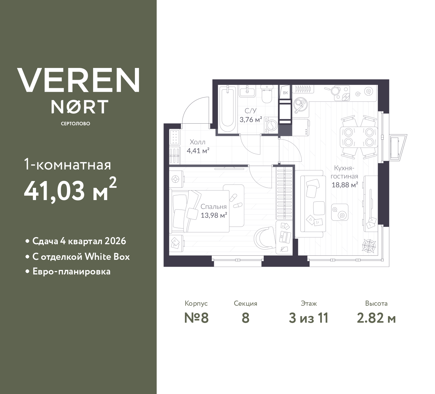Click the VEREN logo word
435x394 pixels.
click(78, 80)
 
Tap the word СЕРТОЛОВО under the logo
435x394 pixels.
click(75, 124)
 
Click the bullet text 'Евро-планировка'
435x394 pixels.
click(71, 271)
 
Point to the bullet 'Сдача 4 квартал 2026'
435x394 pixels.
click(79, 241)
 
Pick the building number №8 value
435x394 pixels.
click(196, 318)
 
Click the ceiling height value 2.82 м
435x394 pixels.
click(376, 318)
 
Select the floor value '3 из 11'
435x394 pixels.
click(308, 318)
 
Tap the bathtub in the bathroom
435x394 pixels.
click(227, 109)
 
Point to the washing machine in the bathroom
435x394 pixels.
click(271, 125)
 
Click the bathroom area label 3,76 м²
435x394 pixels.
click(251, 120)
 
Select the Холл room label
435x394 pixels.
click(197, 142)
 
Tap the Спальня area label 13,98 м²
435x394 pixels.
click(214, 215)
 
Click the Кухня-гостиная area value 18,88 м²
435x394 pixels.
click(345, 185)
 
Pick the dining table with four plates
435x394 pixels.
click(359, 137)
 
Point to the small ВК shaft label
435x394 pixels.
click(285, 92)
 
